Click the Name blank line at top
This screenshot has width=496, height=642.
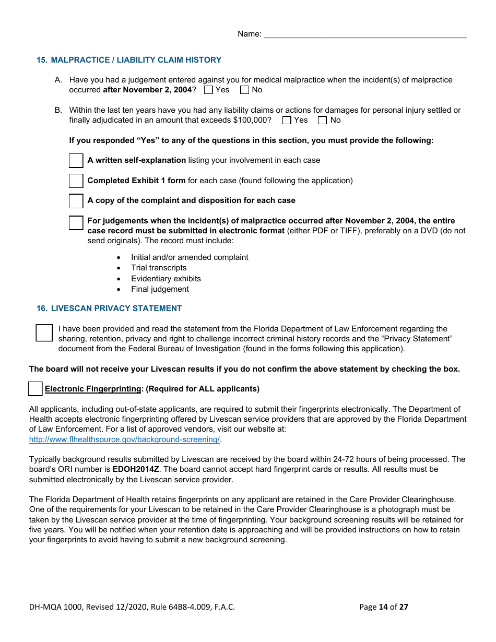tap(365, 34)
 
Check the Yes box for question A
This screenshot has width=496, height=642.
tap(209, 90)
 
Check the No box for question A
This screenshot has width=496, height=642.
tap(244, 90)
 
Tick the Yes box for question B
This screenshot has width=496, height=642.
tap(287, 120)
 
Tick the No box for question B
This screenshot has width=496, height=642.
tap(322, 120)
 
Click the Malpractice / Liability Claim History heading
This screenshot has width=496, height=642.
tap(129, 60)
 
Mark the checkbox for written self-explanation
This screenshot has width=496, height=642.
tap(76, 161)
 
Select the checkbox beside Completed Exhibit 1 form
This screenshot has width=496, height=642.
tap(76, 181)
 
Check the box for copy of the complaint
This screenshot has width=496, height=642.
tap(76, 201)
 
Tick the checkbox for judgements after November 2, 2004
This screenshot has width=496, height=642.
tap(76, 223)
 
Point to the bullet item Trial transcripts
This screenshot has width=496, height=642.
tap(159, 268)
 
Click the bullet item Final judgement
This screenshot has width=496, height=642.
tap(160, 289)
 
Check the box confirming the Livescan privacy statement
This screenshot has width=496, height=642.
tap(44, 332)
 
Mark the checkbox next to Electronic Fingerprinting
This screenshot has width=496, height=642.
tap(36, 389)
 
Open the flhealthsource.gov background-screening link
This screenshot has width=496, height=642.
tap(124, 439)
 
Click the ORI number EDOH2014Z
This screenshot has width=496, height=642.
tap(136, 469)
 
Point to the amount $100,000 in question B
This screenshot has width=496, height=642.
tap(252, 120)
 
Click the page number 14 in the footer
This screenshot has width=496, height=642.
tap(383, 607)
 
